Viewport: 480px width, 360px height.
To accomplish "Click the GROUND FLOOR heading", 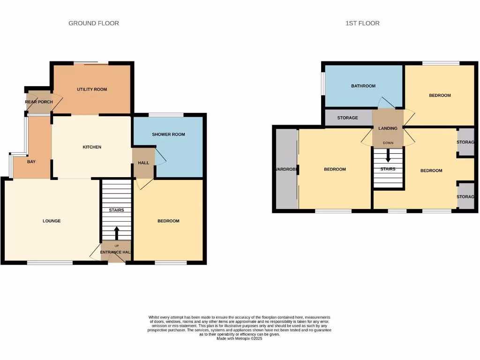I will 94,23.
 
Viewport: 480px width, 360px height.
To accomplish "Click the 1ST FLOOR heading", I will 362,23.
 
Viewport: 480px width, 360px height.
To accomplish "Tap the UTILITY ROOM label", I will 92,90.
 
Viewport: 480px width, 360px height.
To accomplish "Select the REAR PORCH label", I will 39,102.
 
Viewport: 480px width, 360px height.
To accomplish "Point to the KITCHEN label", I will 92,147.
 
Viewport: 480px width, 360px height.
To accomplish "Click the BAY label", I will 31,162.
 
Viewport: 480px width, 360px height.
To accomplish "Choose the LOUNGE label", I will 52,221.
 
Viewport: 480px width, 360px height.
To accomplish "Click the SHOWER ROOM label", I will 168,135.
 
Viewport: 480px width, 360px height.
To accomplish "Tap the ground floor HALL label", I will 143,163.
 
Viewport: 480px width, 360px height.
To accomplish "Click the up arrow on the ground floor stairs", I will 116,233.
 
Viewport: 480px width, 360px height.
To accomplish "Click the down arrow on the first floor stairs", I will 388,156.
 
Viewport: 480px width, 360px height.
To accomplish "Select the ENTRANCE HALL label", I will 115,252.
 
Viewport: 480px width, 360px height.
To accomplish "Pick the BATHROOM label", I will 363,86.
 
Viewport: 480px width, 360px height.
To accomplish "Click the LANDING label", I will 388,128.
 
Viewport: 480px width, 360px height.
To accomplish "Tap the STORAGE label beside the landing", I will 347,118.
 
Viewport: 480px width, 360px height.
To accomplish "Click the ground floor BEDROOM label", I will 168,221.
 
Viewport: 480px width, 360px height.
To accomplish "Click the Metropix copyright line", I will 239,338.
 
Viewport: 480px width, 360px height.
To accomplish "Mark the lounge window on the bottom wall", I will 50,263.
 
